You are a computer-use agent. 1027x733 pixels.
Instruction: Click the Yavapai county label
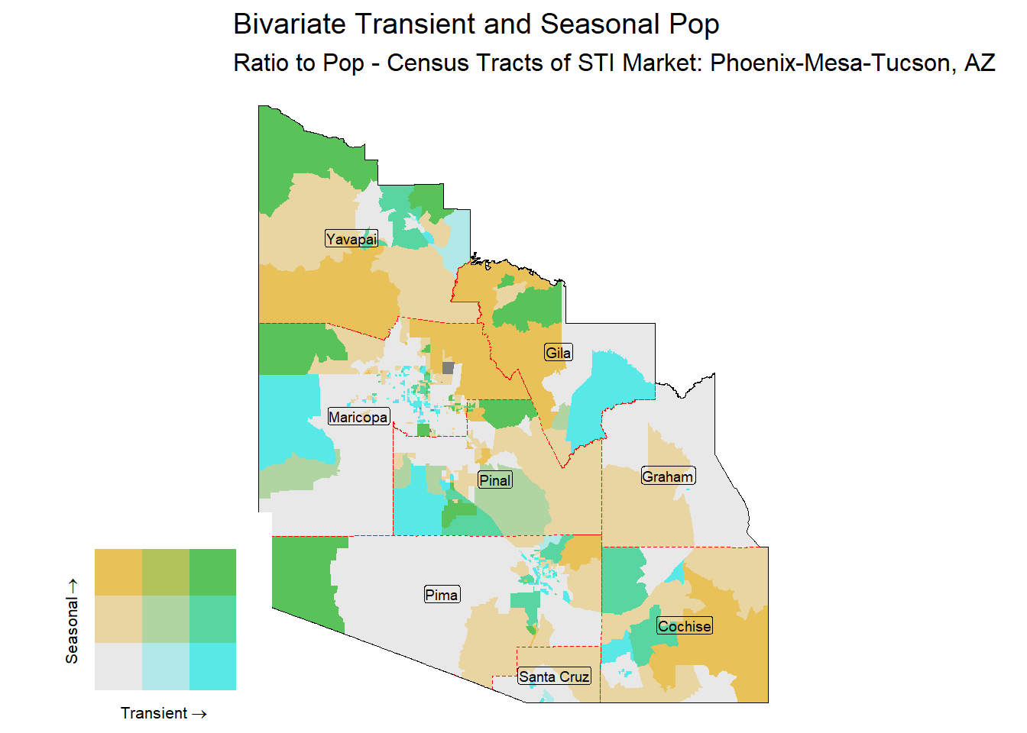click(352, 239)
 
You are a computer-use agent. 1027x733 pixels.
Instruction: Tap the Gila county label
click(558, 353)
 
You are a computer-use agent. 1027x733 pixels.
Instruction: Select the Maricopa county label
click(358, 417)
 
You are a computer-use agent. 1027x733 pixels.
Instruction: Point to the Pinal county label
click(495, 480)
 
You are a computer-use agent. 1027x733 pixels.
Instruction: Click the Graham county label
click(668, 476)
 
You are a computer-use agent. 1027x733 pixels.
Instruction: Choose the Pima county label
click(442, 595)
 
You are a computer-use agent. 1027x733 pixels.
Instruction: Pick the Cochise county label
click(685, 626)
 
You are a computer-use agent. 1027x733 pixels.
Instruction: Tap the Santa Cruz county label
click(554, 676)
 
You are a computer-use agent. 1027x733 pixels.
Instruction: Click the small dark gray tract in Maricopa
click(448, 368)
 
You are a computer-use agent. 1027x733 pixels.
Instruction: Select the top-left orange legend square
click(118, 572)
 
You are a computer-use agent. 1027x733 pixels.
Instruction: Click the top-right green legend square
click(212, 572)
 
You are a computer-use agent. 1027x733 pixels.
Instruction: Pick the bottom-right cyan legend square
click(212, 667)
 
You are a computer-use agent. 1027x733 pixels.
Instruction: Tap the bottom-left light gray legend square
click(118, 667)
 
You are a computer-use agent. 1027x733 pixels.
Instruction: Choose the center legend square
click(166, 619)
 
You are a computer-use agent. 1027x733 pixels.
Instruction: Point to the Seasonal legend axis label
click(72, 620)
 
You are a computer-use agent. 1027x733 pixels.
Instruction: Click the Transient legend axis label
click(163, 713)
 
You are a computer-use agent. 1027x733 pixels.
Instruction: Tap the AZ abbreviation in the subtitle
click(979, 63)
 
